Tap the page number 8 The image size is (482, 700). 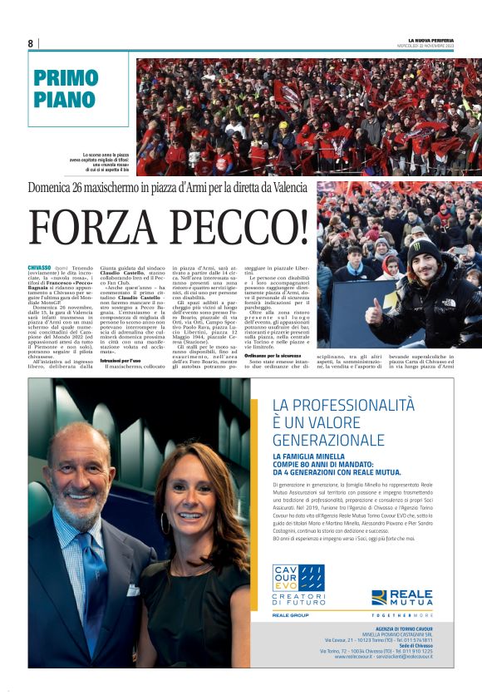pyautogui.click(x=31, y=43)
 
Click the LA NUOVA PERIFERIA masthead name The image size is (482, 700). pyautogui.click(x=443, y=40)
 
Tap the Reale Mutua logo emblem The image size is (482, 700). pyautogui.click(x=380, y=597)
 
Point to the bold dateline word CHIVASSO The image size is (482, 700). pyautogui.click(x=39, y=268)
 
